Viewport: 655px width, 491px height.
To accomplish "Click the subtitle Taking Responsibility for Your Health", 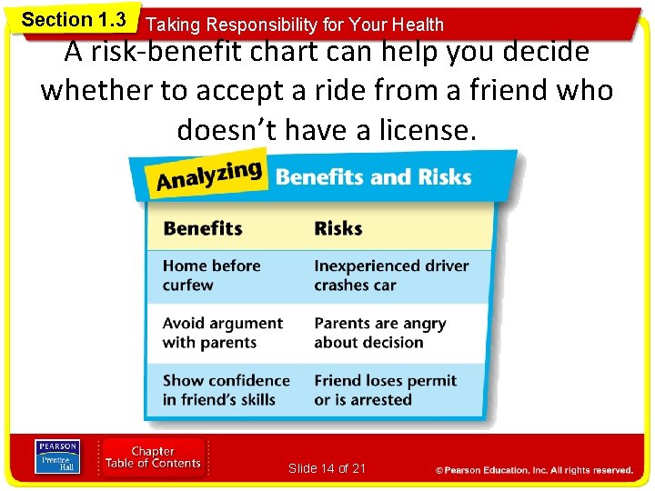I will [x=295, y=25].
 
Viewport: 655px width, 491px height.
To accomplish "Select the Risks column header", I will [x=338, y=228].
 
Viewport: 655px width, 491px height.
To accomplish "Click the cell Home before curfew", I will [x=212, y=276].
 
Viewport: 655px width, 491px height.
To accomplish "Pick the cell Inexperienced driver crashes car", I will [x=391, y=276].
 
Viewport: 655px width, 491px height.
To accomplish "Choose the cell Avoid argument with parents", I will [x=223, y=333].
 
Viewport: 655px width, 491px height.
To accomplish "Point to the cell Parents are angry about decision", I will [x=380, y=333].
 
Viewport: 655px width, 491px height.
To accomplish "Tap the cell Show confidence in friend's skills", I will [x=226, y=390].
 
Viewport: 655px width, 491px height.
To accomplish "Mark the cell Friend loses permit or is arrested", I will [x=385, y=390].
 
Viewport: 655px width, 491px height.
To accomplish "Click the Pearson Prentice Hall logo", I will [x=57, y=456].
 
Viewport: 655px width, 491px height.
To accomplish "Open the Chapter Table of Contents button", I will [x=153, y=457].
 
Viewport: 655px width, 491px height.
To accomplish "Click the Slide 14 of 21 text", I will [x=327, y=468].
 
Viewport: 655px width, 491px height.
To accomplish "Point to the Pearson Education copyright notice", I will [x=534, y=470].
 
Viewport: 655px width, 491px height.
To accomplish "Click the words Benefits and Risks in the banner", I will [x=373, y=175].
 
